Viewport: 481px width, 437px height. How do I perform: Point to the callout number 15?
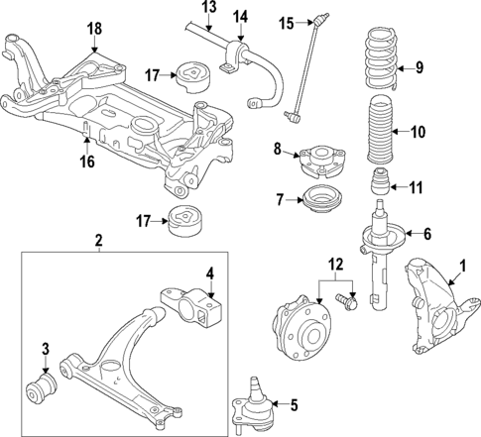tap(286, 21)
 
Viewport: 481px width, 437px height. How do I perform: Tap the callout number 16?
tap(87, 161)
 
